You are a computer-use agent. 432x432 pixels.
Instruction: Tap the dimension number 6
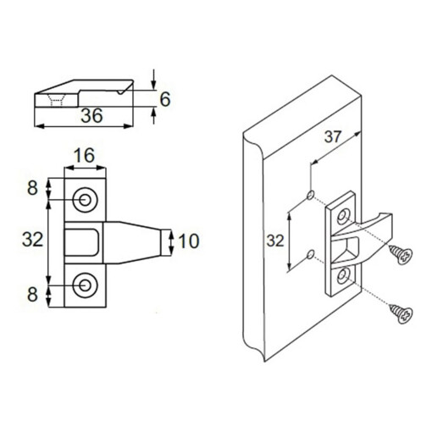click(165, 100)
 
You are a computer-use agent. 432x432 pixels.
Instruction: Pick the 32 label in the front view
click(32, 241)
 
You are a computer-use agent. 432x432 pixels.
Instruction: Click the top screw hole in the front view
click(86, 199)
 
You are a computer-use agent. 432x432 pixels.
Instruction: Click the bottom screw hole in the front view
click(86, 285)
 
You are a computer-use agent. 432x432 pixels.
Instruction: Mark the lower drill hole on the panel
click(310, 252)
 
